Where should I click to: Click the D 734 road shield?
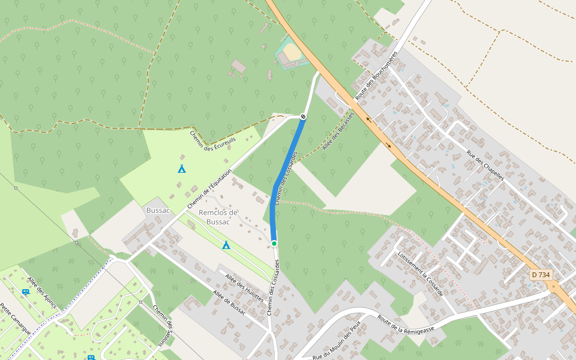(x=541, y=275)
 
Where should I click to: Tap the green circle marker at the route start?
(x=274, y=243)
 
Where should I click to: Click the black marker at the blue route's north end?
(x=303, y=116)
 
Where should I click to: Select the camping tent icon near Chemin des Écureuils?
(x=182, y=169)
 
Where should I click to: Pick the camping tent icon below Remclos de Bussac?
(x=226, y=245)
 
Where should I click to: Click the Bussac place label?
(x=158, y=211)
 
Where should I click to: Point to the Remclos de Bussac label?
(x=218, y=217)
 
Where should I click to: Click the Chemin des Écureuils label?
(x=213, y=137)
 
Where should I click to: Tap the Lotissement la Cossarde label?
(x=420, y=273)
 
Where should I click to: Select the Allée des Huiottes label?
(x=244, y=284)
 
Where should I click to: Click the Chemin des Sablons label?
(x=162, y=326)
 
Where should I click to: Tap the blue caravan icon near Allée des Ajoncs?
(x=26, y=292)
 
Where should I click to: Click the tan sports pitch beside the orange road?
(x=292, y=52)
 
